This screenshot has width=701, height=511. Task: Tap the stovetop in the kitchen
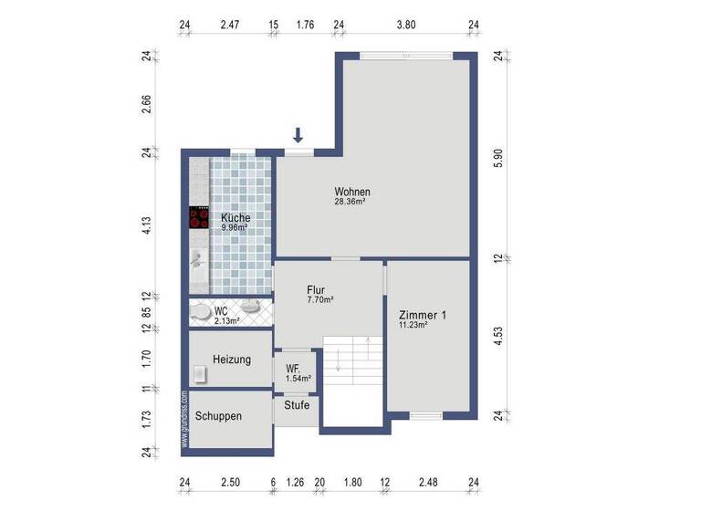[199, 218]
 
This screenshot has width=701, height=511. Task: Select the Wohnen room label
[352, 192]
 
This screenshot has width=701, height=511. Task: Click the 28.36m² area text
[350, 203]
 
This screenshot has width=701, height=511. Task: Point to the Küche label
[235, 217]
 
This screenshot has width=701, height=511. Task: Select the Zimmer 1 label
[422, 315]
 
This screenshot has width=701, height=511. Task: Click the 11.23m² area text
[413, 326]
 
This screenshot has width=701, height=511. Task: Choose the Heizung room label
[232, 360]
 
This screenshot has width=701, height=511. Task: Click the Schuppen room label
[218, 416]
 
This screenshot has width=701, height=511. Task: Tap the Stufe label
[297, 405]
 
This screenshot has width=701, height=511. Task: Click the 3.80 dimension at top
[405, 26]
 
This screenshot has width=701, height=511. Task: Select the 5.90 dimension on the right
[498, 157]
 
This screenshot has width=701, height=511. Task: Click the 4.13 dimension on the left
[145, 226]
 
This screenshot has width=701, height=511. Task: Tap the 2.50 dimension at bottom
[231, 483]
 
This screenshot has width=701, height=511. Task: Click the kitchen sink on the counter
[197, 259]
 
